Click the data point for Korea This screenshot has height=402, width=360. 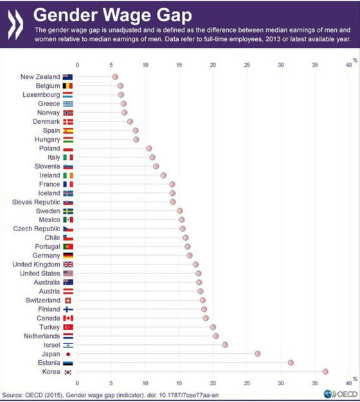325,371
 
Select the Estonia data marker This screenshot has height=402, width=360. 291,362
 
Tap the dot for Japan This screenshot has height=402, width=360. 257,353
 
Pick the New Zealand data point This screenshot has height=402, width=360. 115,76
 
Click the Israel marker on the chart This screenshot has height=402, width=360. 225,344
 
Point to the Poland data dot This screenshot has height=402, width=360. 148,148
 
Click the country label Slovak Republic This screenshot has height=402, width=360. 36,202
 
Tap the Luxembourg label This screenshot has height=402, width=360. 40,94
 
